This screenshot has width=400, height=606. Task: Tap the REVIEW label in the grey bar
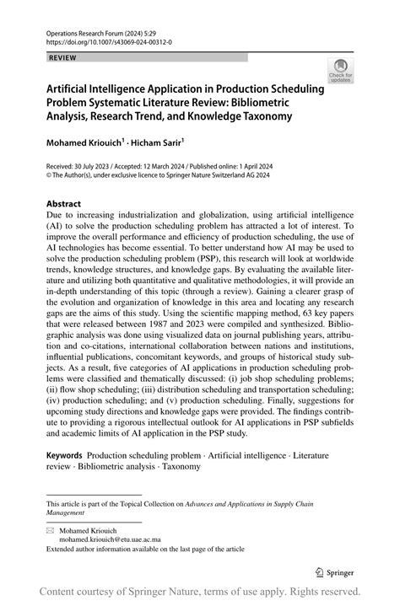coord(64,57)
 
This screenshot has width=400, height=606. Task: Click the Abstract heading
coord(64,204)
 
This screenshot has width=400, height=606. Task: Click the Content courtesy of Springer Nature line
coord(200,591)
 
